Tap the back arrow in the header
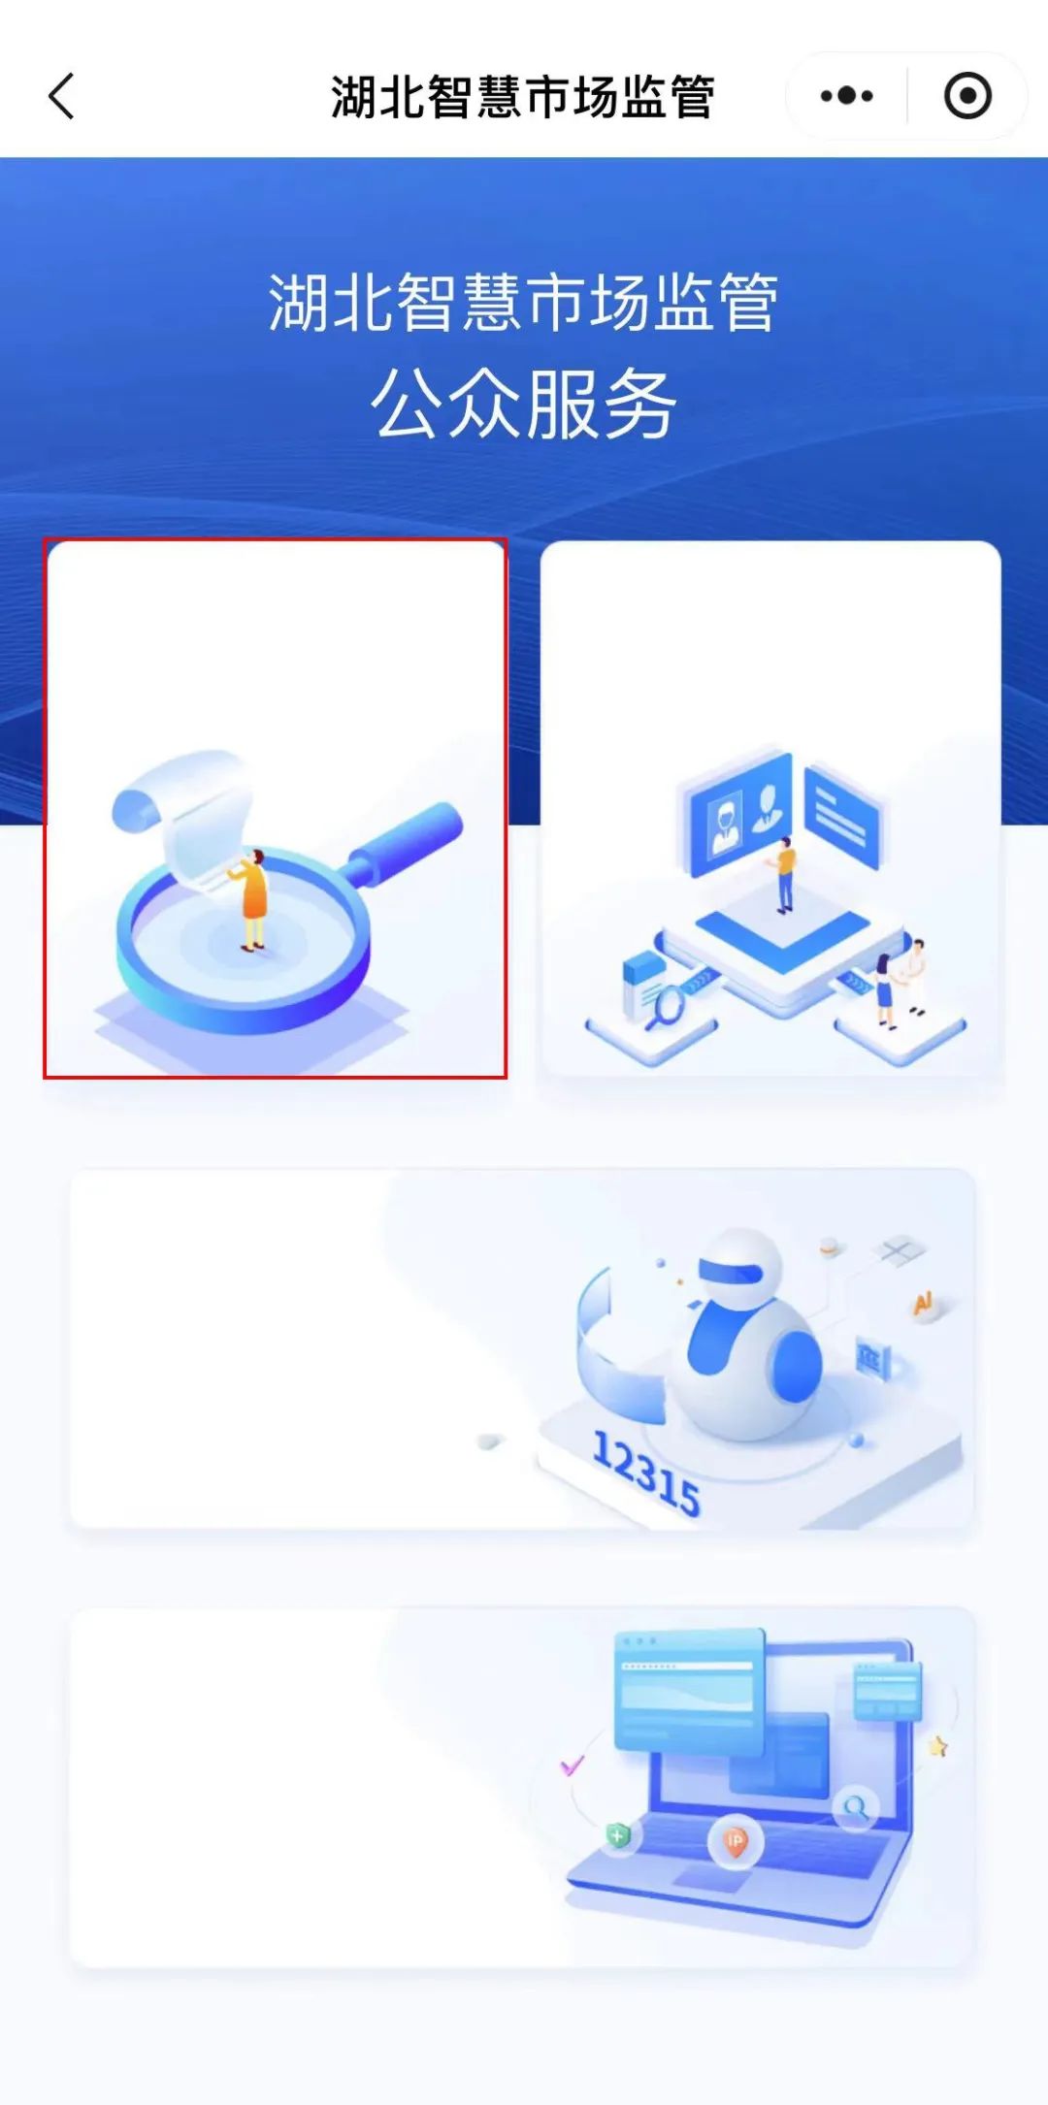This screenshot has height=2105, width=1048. (61, 96)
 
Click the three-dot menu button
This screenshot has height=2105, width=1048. (846, 96)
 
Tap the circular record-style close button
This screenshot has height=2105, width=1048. (967, 96)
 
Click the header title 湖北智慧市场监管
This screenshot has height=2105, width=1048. (523, 97)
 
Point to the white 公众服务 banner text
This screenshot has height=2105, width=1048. (523, 404)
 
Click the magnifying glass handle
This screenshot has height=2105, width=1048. (408, 842)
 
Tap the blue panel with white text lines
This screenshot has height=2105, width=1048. (841, 816)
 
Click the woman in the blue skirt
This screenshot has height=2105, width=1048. (885, 990)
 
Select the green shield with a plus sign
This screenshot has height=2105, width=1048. (618, 1835)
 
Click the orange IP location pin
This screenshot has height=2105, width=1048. (735, 1842)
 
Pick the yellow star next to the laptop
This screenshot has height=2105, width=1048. (937, 1746)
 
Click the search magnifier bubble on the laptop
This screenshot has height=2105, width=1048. (855, 1806)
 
